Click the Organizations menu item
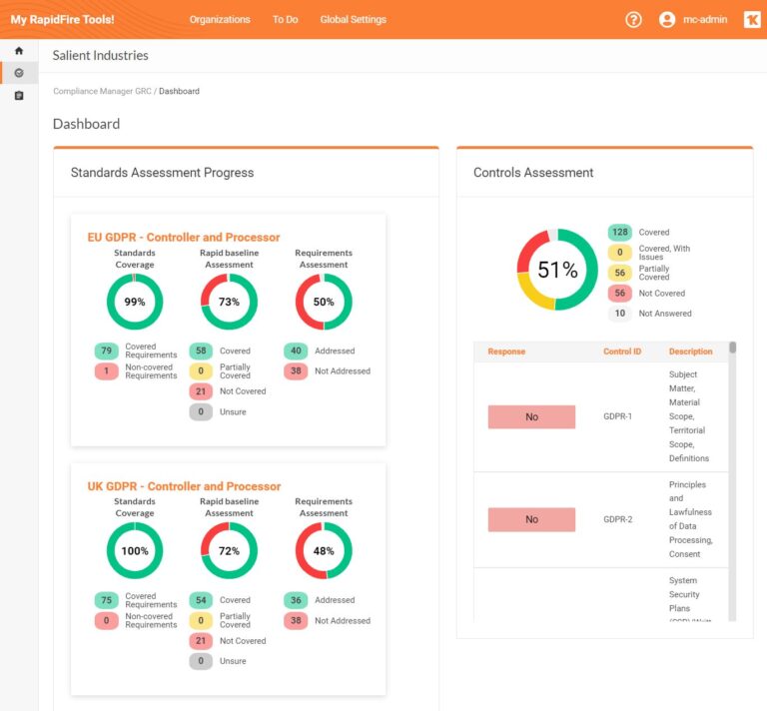pyautogui.click(x=220, y=19)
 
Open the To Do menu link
pyautogui.click(x=285, y=19)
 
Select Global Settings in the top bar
pyautogui.click(x=353, y=19)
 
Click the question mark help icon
pyautogui.click(x=633, y=19)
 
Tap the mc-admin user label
pyautogui.click(x=705, y=19)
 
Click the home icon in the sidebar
pyautogui.click(x=19, y=51)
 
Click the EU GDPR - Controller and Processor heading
pyautogui.click(x=184, y=238)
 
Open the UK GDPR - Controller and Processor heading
pyautogui.click(x=184, y=486)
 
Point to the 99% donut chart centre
pyautogui.click(x=135, y=302)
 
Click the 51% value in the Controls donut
pyautogui.click(x=557, y=270)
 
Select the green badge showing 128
pyautogui.click(x=620, y=233)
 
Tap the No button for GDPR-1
pyautogui.click(x=531, y=417)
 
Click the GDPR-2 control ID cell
pyautogui.click(x=618, y=519)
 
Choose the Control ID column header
pyautogui.click(x=622, y=352)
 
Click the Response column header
pyautogui.click(x=506, y=352)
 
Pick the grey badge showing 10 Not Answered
pyautogui.click(x=620, y=314)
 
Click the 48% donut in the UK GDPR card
pyautogui.click(x=324, y=551)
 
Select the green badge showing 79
pyautogui.click(x=106, y=351)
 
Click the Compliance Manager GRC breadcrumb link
pyautogui.click(x=102, y=91)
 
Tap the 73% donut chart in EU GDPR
pyautogui.click(x=229, y=302)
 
